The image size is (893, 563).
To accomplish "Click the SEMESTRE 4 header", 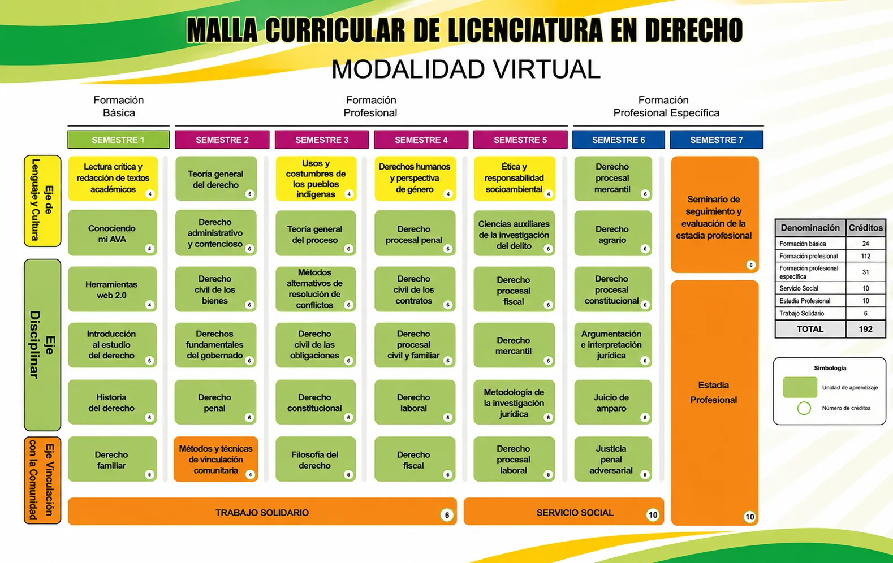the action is [x=421, y=140].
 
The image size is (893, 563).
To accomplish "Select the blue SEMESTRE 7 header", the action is [x=717, y=140].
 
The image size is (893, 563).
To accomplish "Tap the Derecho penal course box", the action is [x=215, y=402].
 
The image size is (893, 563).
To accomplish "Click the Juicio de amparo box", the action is [x=612, y=402].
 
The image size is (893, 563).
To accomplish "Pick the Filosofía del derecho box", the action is [x=316, y=459].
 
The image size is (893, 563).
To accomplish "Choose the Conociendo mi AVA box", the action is [x=113, y=233].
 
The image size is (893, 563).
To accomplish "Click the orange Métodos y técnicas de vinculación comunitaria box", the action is [x=215, y=459].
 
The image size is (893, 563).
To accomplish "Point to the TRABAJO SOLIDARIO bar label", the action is [x=262, y=512].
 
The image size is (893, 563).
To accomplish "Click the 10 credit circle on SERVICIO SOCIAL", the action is [x=653, y=515].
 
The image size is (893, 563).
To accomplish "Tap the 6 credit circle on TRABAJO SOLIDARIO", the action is [x=447, y=515].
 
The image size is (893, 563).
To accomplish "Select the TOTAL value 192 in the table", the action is [x=865, y=329].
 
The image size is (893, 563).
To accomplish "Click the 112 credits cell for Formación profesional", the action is [x=865, y=256].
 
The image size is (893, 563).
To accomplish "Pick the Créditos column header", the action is [x=865, y=227].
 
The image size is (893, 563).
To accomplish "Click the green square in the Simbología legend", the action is [x=800, y=387].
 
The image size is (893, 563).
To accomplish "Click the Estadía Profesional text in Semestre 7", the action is [x=714, y=392].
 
